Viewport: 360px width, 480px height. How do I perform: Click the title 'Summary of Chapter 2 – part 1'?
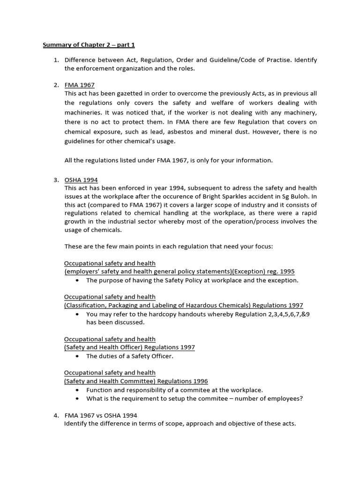pyautogui.click(x=89, y=45)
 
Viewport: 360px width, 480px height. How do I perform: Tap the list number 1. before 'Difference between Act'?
pyautogui.click(x=56, y=60)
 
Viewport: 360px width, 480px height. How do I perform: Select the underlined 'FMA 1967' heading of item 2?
pyautogui.click(x=79, y=85)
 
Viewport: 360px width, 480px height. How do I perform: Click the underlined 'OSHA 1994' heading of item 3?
pyautogui.click(x=81, y=180)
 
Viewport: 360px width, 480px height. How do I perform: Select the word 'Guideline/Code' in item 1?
pyautogui.click(x=221, y=60)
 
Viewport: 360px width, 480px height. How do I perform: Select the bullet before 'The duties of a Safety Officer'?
pyautogui.click(x=77, y=356)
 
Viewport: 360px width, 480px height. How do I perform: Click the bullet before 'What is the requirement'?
pyautogui.click(x=77, y=398)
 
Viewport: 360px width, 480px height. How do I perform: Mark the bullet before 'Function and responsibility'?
pyautogui.click(x=77, y=390)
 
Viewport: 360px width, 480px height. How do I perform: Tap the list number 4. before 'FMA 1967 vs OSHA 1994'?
pyautogui.click(x=56, y=415)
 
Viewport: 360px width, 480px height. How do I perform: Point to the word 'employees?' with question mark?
pyautogui.click(x=286, y=398)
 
